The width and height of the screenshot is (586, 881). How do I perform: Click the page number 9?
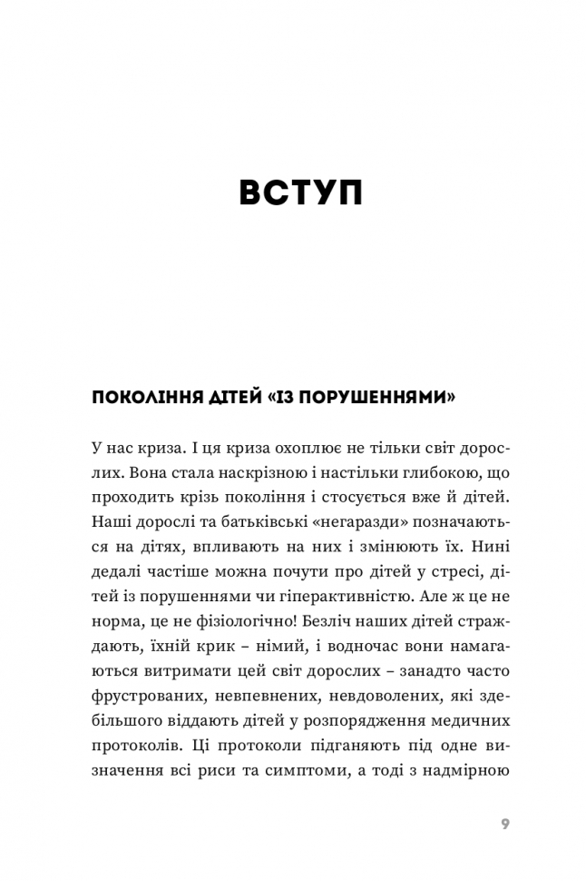tap(505, 826)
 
